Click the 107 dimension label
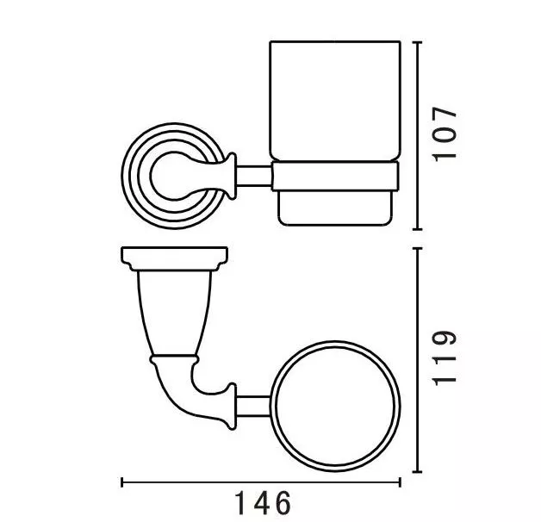coord(445,134)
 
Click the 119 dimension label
coord(445,357)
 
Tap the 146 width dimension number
coord(263,503)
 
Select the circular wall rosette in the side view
coord(131,176)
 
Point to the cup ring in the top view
coord(271,407)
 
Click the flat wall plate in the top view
coord(174,258)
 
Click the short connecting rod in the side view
coord(253,176)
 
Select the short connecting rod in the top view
coord(253,407)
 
